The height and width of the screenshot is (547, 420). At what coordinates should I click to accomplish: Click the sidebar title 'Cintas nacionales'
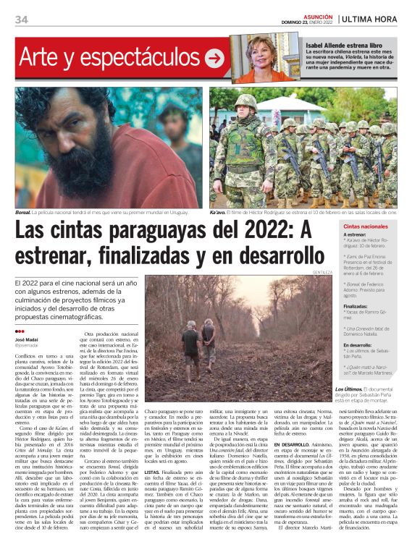(x=365, y=226)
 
